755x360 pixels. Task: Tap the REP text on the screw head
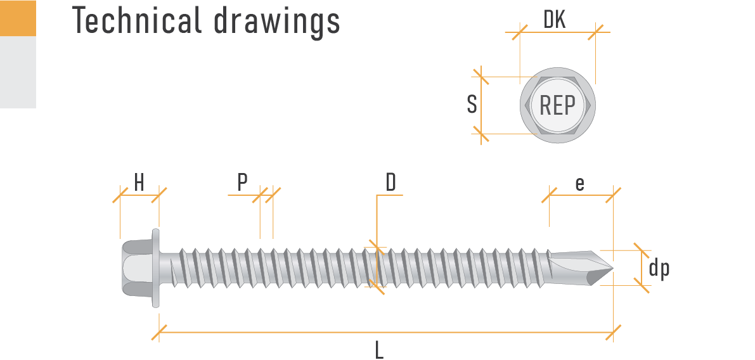(557, 105)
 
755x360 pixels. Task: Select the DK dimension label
(555, 20)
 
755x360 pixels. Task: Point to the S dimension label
(472, 105)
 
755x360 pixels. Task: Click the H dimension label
(139, 183)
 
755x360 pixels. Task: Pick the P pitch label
(242, 183)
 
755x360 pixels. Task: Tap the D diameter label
(391, 183)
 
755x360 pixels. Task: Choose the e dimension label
(579, 183)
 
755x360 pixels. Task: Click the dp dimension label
(659, 269)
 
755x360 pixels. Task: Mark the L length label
(379, 349)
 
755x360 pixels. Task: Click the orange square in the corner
(18, 18)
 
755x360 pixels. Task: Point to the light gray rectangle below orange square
(18, 72)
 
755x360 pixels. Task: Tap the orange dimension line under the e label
(581, 195)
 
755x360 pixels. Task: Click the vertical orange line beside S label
(482, 105)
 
